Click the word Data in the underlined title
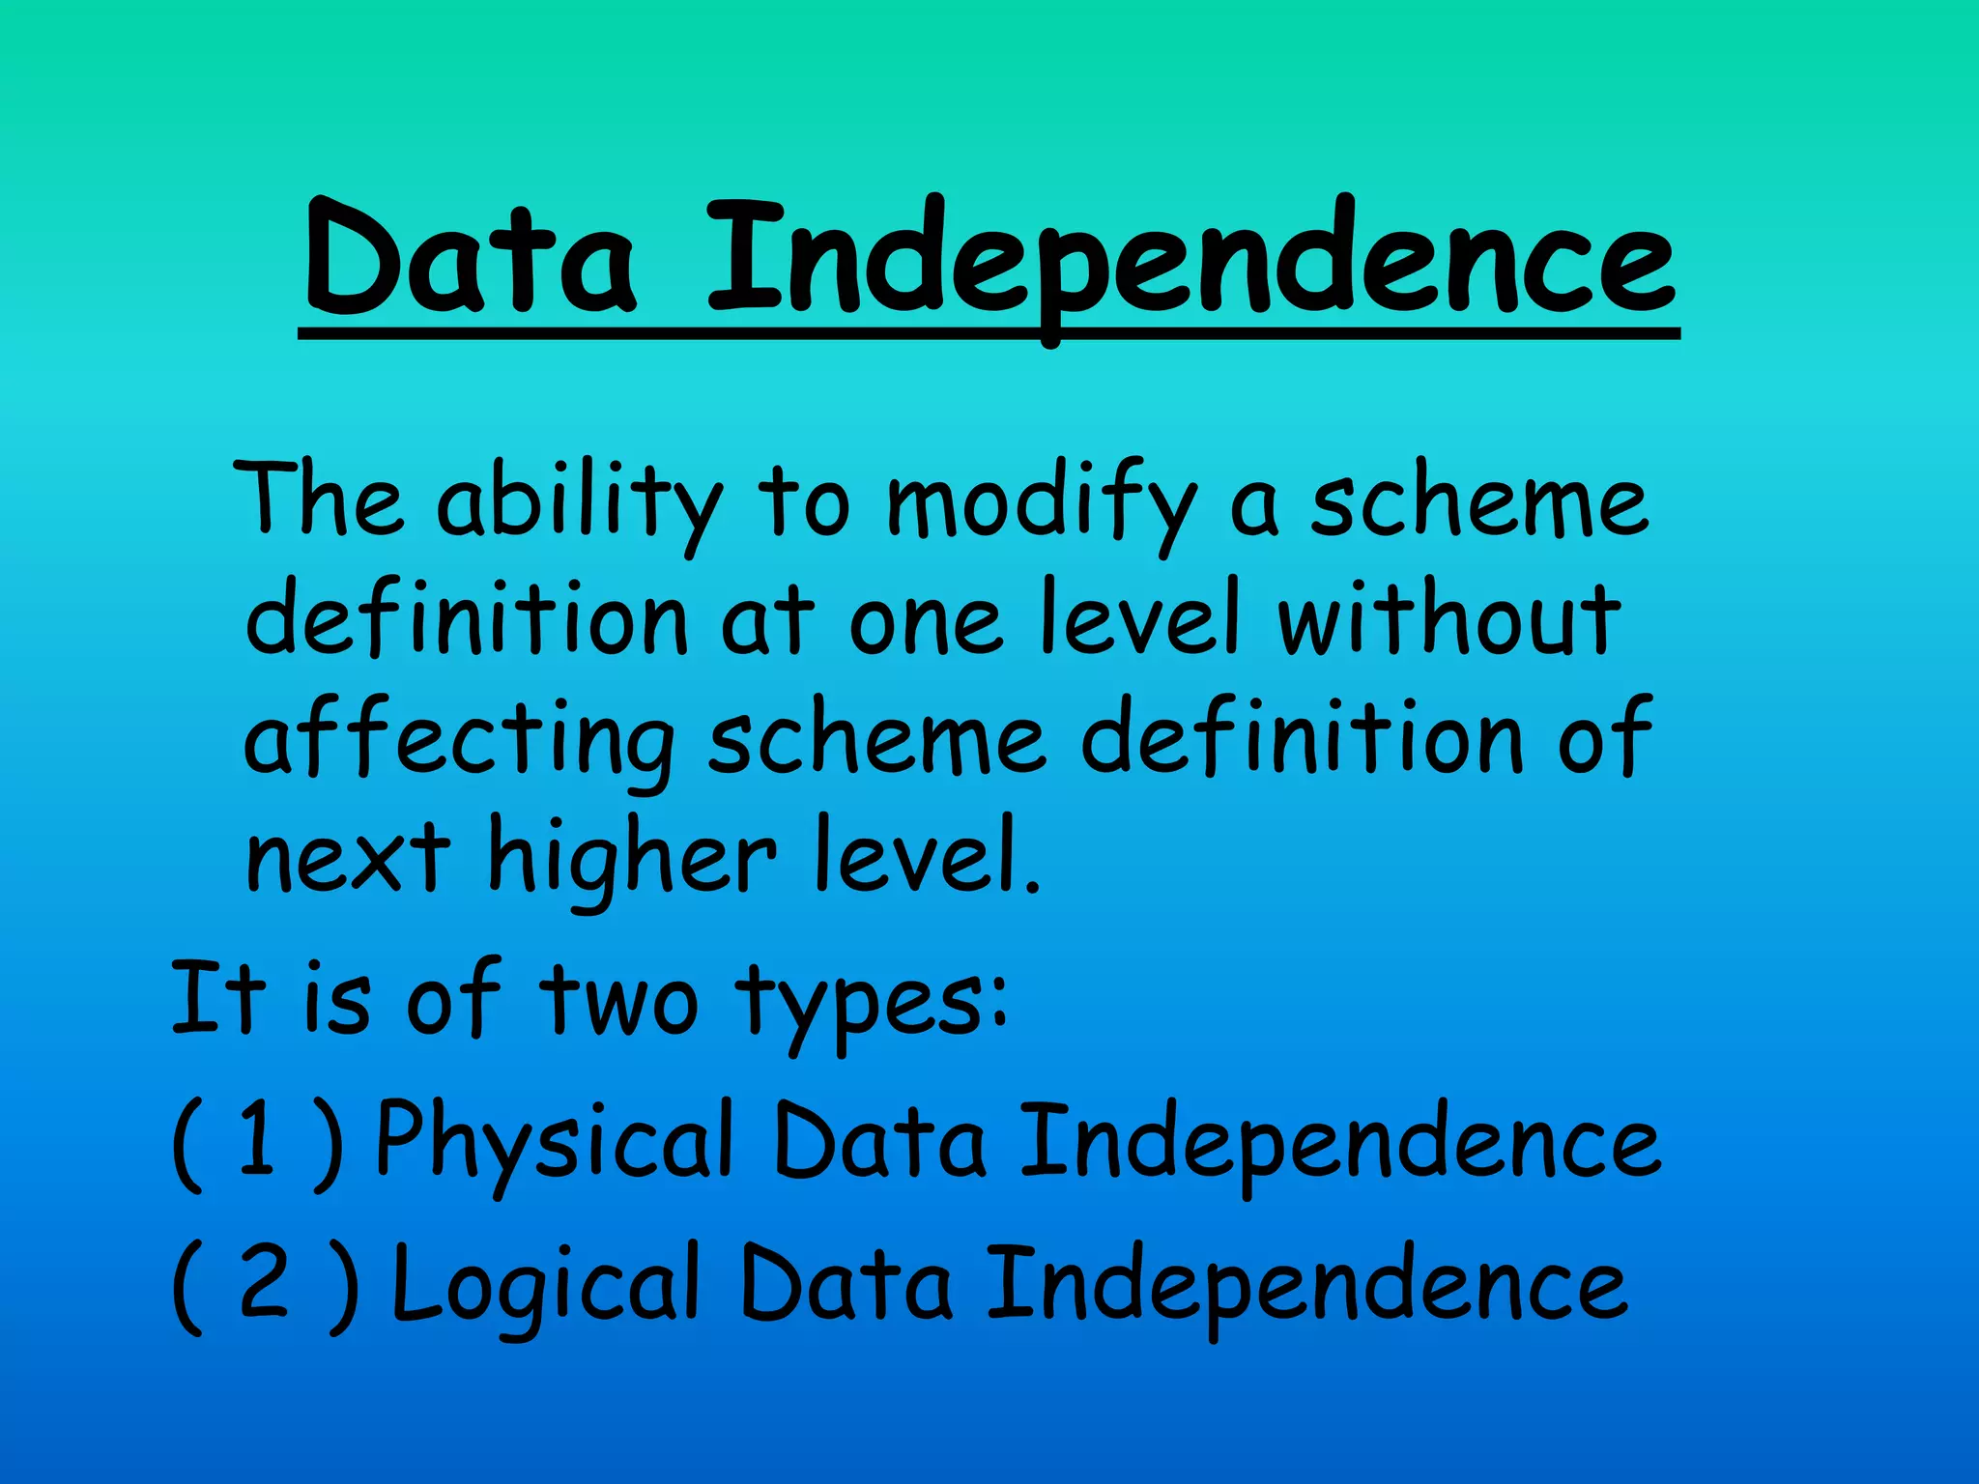[471, 259]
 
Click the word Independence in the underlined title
[1190, 259]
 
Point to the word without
[1448, 620]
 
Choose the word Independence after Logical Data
[1307, 1285]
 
